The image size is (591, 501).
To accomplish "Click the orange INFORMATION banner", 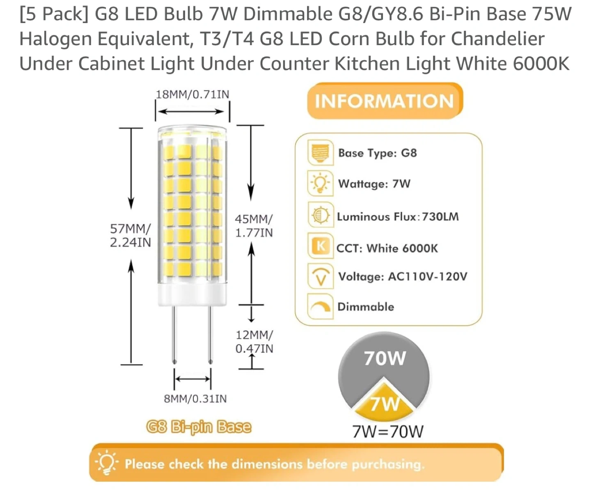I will [x=385, y=101].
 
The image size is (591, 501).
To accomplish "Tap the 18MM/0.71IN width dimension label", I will [x=192, y=94].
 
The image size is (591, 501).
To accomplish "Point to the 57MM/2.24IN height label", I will [x=130, y=235].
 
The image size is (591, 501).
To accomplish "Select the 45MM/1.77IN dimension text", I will [x=254, y=226].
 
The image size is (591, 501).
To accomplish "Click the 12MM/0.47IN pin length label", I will [x=254, y=342].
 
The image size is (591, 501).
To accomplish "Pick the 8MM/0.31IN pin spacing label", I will [x=195, y=398].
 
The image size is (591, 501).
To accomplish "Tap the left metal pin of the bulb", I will [x=174, y=335].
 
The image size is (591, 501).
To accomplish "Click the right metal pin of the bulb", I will [x=210, y=335].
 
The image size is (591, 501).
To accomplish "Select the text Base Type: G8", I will [x=377, y=153].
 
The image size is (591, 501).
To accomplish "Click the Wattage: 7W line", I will [x=374, y=184].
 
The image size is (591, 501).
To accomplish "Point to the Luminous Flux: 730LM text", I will [x=397, y=216].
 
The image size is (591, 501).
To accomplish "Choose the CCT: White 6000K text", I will [x=387, y=248].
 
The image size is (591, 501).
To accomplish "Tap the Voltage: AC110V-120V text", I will [x=402, y=276].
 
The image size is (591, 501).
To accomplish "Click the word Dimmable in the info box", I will [x=365, y=307].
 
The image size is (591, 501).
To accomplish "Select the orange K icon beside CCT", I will [x=321, y=246].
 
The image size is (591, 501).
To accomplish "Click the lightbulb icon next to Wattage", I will [x=320, y=183].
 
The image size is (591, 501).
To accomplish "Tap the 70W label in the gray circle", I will [x=385, y=358].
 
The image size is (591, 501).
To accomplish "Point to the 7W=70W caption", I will [x=387, y=432].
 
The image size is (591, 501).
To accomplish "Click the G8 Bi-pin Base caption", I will [x=199, y=427].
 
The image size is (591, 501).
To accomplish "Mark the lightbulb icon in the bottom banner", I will [x=107, y=463].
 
